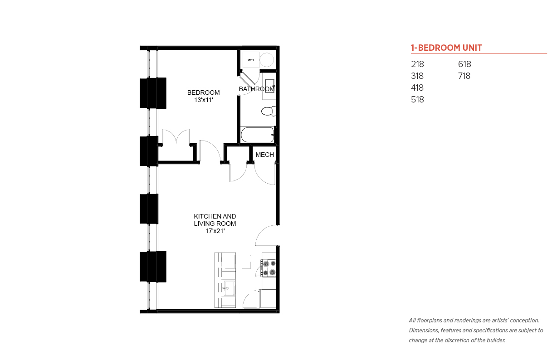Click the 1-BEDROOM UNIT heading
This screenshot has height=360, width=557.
pyautogui.click(x=446, y=48)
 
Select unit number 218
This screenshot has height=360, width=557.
pyautogui.click(x=417, y=64)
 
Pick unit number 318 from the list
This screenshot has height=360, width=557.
pyautogui.click(x=417, y=76)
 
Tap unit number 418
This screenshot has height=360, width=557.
pyautogui.click(x=417, y=88)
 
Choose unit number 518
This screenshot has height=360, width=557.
pyautogui.click(x=417, y=99)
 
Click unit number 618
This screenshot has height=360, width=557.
pyautogui.click(x=464, y=64)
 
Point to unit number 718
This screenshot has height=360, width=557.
pyautogui.click(x=464, y=76)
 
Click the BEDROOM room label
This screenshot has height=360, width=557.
pyautogui.click(x=203, y=92)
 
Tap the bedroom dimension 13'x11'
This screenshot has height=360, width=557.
pyautogui.click(x=204, y=100)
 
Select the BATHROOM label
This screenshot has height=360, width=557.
pyautogui.click(x=257, y=89)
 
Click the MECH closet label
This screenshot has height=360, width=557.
pyautogui.click(x=264, y=155)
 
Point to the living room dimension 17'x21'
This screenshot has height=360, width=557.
pyautogui.click(x=215, y=231)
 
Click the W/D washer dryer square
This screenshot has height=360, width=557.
pyautogui.click(x=251, y=60)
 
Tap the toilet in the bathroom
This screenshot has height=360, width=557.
pyautogui.click(x=269, y=111)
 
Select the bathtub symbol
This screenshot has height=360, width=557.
pyautogui.click(x=257, y=135)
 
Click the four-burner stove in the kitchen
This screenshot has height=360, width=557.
pyautogui.click(x=269, y=268)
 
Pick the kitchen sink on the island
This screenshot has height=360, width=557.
pyautogui.click(x=229, y=288)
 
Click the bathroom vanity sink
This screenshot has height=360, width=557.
pyautogui.click(x=269, y=86)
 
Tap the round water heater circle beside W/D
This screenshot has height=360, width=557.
pyautogui.click(x=267, y=60)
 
